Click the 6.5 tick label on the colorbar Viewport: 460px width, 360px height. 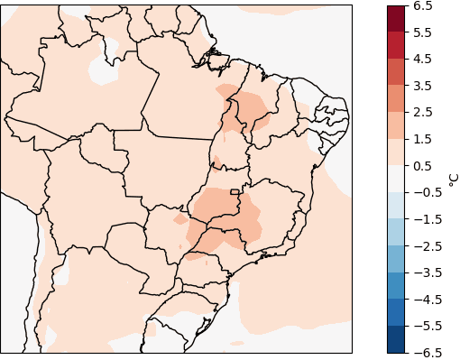tap(423, 5)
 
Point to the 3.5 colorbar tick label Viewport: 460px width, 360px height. tap(423, 86)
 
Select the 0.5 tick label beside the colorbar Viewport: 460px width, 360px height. tap(423, 166)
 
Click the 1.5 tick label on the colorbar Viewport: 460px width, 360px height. tap(423, 139)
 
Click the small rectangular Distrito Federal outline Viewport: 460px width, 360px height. tap(235, 191)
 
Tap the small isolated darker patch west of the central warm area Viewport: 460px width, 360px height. tap(180, 218)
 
